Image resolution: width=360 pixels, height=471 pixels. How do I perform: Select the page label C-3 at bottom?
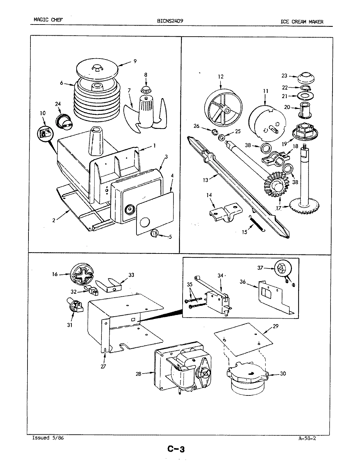(x=176, y=449)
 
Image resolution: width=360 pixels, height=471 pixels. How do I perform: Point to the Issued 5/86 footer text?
(x=48, y=438)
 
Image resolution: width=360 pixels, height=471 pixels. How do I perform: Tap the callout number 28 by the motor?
(x=138, y=374)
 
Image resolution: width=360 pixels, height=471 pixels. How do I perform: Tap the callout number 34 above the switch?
(x=220, y=275)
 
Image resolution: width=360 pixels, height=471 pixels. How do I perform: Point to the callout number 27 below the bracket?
(x=103, y=366)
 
